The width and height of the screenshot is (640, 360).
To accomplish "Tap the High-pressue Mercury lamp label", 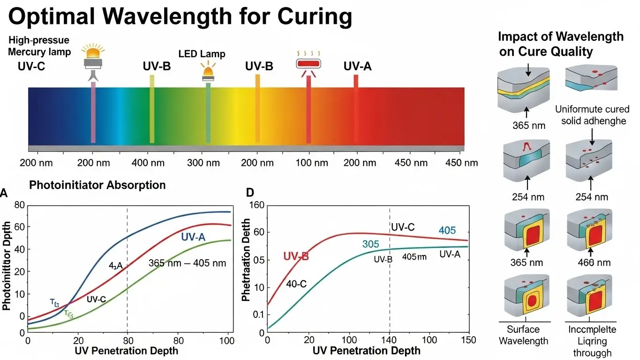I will tap(39, 46).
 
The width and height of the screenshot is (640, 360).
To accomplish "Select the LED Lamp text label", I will tap(202, 54).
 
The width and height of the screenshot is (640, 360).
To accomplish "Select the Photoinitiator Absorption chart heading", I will tap(98, 185).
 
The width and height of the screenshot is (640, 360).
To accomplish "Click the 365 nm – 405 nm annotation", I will tap(187, 263).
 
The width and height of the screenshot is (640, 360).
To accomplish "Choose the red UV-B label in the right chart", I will tap(296, 256).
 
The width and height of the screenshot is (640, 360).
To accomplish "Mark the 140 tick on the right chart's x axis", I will tap(389, 340).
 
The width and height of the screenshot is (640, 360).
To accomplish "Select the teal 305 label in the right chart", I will tap(370, 244).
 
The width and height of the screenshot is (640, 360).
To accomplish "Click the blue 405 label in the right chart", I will tap(447, 231).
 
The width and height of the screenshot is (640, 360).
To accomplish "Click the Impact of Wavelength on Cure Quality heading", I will tap(561, 44).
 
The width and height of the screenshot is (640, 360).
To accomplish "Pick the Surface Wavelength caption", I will tap(523, 335).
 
